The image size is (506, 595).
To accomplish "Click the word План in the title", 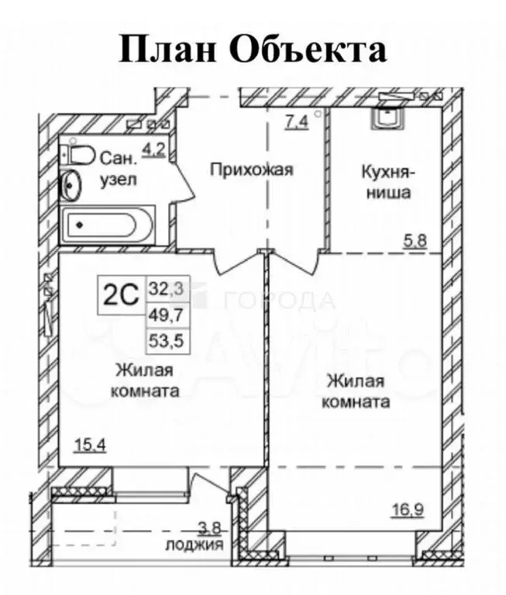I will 161,50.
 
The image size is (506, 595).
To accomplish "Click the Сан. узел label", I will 119,169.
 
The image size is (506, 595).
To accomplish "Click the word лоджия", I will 194,545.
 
